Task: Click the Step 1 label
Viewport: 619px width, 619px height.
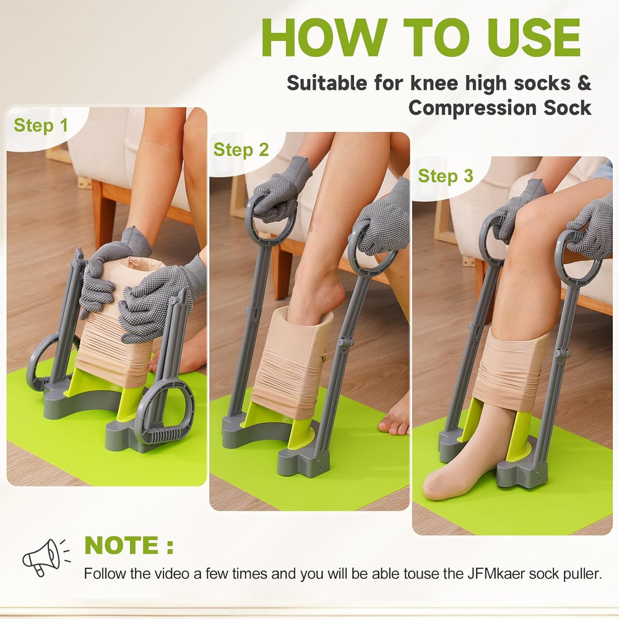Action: [x=41, y=126]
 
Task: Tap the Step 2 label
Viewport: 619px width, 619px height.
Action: [x=241, y=150]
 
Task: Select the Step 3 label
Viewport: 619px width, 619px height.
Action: [x=445, y=176]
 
